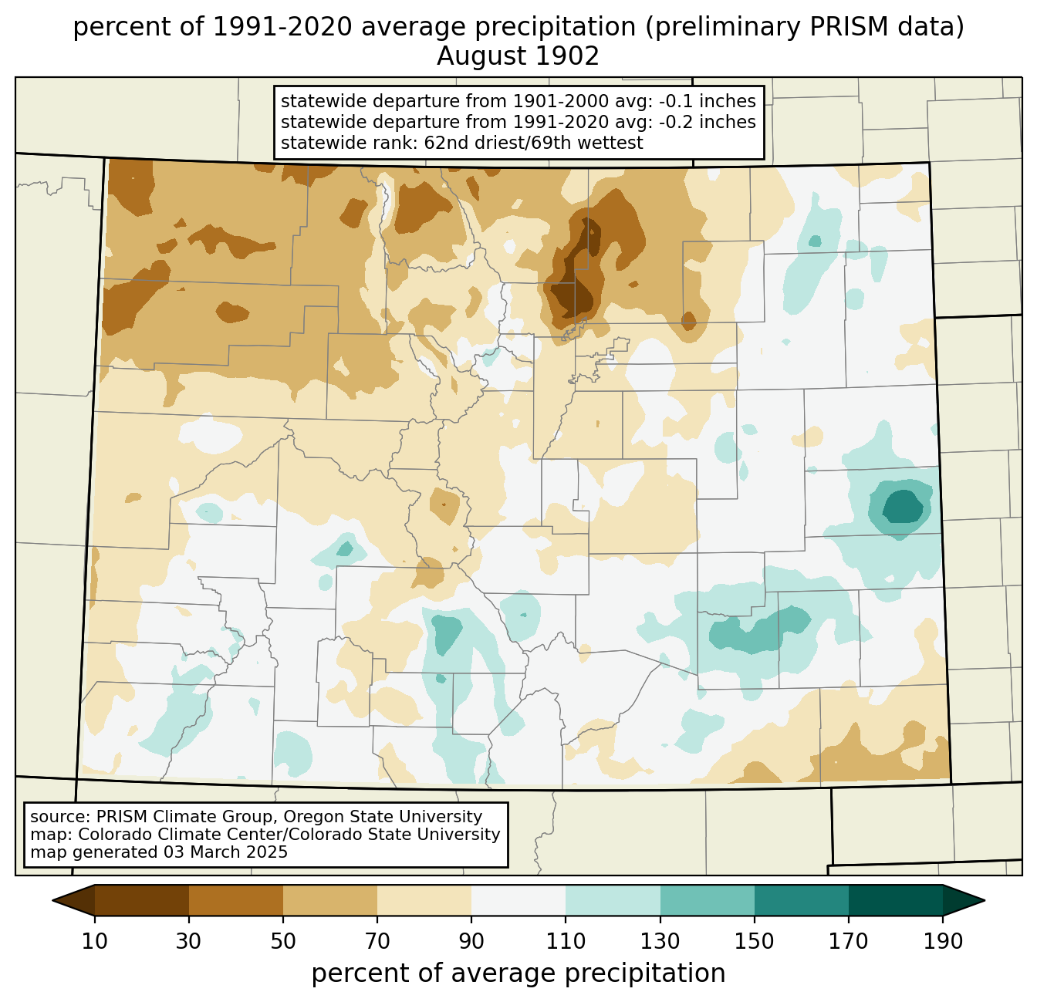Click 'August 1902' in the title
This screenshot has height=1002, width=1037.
click(518, 56)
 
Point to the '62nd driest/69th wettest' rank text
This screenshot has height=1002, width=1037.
click(533, 143)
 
